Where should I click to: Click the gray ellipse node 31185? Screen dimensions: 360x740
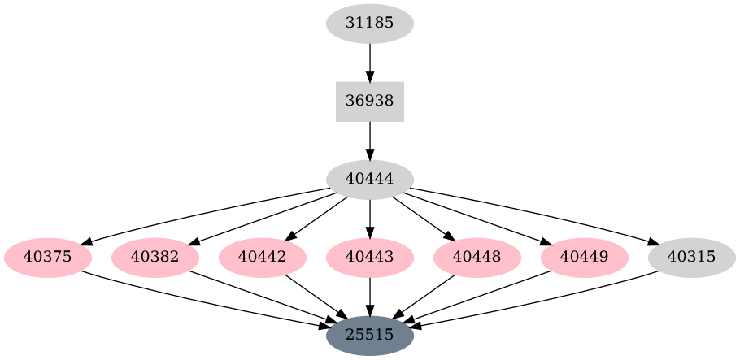point(370,24)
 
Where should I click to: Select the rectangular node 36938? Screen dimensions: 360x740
point(370,102)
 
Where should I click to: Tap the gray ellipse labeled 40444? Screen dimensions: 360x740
point(370,180)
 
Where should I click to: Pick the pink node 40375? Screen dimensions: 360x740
point(48,258)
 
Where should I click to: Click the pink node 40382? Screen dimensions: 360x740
point(155,258)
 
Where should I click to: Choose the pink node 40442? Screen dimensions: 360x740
point(263,258)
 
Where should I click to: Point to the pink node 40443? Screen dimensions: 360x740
point(370,258)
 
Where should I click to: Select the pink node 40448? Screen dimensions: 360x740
point(477,258)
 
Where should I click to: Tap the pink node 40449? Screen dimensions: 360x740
point(585,258)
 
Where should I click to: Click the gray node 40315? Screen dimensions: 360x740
point(692,258)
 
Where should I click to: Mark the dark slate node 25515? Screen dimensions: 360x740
point(370,334)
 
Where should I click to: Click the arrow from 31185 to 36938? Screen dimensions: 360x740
point(370,62)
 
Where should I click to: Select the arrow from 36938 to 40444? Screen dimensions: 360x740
point(370,140)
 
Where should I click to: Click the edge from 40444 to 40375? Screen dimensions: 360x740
point(203,213)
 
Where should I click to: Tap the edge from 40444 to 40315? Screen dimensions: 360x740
point(537,213)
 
